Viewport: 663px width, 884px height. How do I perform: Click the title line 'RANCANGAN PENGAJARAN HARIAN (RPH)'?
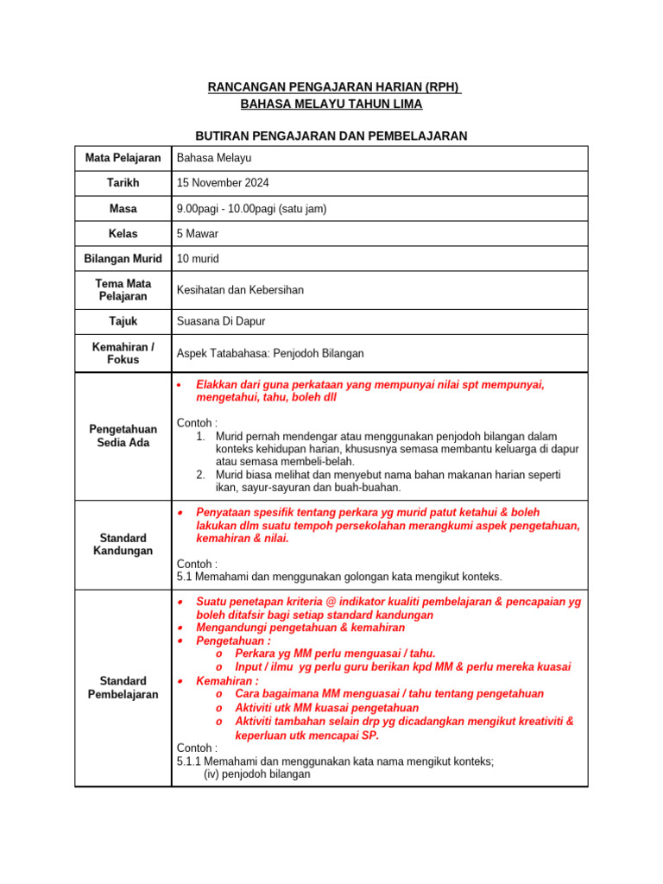(x=335, y=87)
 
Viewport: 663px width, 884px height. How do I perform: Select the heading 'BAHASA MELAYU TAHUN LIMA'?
(x=331, y=104)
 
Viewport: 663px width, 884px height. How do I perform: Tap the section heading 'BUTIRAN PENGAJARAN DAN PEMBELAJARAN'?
(x=331, y=136)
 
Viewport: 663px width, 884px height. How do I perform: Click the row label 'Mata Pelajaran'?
(x=123, y=158)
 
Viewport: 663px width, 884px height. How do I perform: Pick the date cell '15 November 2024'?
(x=223, y=183)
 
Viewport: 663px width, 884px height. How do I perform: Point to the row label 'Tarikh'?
(x=123, y=183)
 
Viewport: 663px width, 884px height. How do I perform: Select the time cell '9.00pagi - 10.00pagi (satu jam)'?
(x=251, y=209)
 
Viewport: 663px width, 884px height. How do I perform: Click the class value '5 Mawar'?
(x=198, y=234)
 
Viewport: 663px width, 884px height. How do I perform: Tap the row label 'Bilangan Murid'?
(x=123, y=259)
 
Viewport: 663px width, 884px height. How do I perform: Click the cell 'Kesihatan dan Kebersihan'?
(x=240, y=290)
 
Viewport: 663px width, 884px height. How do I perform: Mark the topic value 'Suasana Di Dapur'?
(x=221, y=321)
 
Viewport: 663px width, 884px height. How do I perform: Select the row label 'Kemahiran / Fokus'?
(x=123, y=353)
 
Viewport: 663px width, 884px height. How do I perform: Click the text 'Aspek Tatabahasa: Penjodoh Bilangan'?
(x=270, y=353)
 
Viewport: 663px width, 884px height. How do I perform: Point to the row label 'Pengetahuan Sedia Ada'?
(x=123, y=436)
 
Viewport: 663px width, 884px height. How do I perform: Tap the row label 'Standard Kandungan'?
(x=123, y=544)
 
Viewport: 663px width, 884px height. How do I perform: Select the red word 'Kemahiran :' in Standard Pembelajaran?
(x=227, y=680)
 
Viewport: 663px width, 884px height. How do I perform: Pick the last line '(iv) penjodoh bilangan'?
(x=256, y=774)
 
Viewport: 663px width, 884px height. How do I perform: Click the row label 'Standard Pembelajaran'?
(x=123, y=687)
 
